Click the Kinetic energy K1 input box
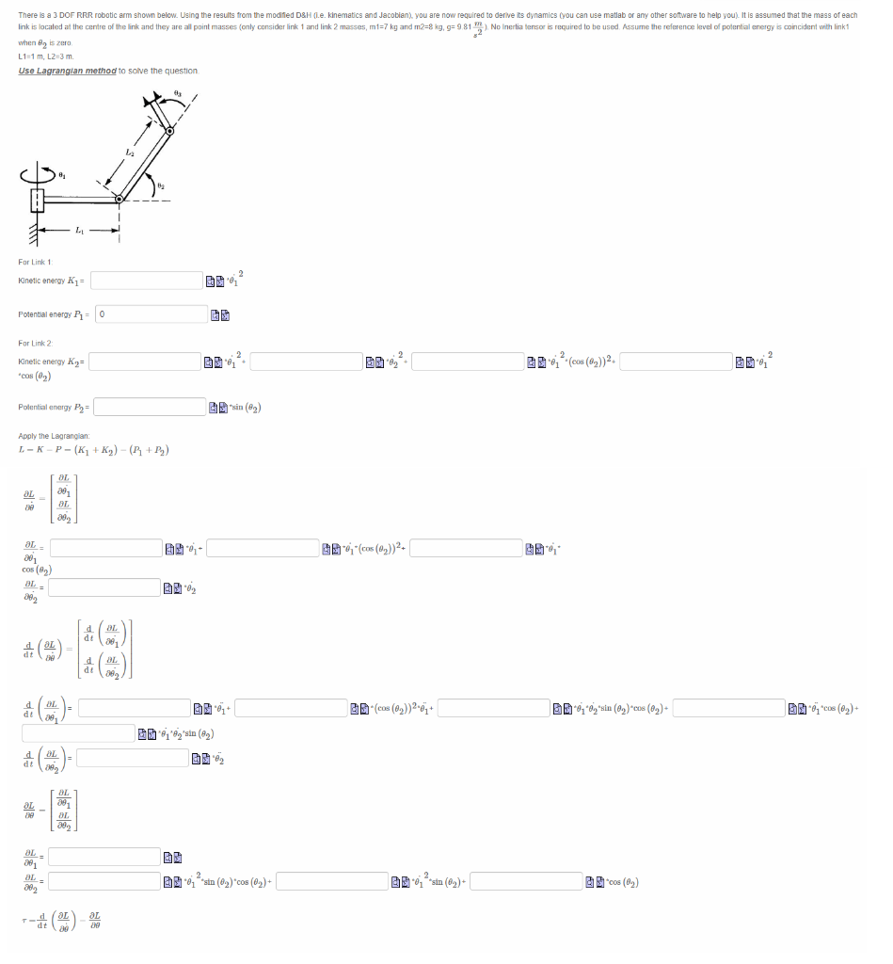147,281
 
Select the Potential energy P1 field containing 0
165,313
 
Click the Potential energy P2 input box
150,407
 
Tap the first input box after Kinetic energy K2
145,361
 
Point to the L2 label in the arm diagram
130,152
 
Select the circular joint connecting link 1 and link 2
120,199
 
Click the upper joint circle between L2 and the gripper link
170,131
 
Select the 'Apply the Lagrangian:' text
54,436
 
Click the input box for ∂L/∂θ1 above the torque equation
105,856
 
